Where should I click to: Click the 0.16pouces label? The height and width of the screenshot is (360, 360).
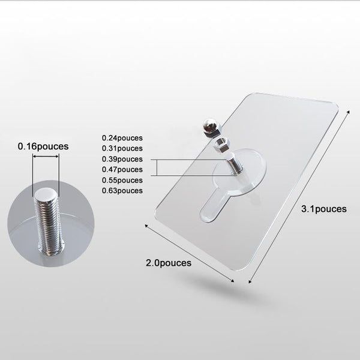[43, 146]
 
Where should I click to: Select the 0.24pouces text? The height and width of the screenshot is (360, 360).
[122, 138]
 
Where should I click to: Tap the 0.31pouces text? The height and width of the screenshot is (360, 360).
[122, 148]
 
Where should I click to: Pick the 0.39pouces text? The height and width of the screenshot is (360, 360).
[122, 159]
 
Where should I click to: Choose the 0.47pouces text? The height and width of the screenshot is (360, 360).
[122, 169]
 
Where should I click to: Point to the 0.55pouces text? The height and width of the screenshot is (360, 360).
[122, 180]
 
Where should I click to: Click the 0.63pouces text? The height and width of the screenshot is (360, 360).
[122, 191]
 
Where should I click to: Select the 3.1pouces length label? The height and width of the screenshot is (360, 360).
[324, 209]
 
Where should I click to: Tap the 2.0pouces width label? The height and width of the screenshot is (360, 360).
[169, 263]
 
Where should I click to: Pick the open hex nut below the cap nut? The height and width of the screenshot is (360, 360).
[221, 144]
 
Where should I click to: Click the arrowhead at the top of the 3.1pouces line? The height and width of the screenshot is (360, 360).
[348, 112]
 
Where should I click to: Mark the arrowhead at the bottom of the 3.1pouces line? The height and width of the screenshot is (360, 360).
[250, 281]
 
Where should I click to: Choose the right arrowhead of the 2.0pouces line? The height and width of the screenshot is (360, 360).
[232, 281]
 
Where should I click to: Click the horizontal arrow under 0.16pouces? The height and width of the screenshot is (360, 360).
[46, 157]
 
